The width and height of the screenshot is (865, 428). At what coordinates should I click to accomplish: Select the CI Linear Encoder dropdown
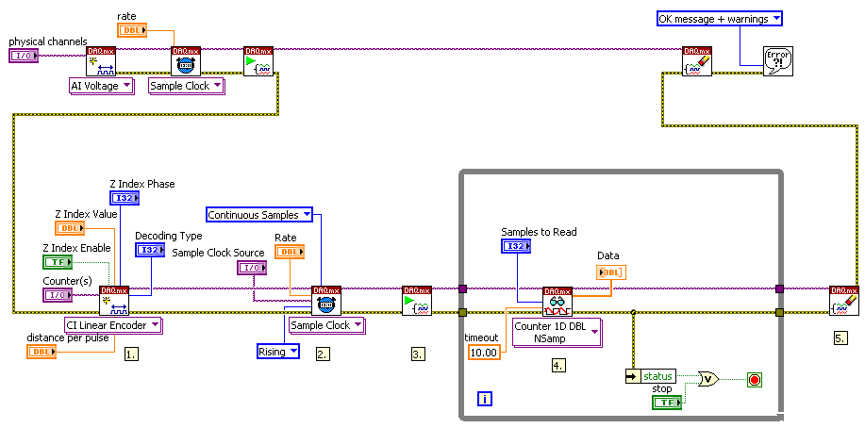click(113, 325)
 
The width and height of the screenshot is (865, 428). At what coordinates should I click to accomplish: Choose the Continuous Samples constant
click(259, 215)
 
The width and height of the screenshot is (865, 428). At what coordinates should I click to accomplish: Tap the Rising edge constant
click(277, 352)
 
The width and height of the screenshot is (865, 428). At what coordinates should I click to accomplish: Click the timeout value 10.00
click(485, 352)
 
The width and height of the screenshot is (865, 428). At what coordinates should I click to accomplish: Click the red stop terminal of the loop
click(754, 380)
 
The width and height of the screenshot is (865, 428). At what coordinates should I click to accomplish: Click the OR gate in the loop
click(708, 379)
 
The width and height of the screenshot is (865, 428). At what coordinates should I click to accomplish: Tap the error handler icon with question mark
click(778, 62)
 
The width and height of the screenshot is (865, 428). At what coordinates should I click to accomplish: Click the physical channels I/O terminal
click(22, 57)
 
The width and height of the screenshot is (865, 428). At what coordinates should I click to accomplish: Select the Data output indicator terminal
click(609, 272)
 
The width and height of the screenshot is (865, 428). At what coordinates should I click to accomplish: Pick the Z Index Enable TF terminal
click(57, 263)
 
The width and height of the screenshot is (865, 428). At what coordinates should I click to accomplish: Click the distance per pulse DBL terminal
click(42, 352)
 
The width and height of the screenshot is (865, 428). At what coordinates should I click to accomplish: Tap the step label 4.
click(558, 364)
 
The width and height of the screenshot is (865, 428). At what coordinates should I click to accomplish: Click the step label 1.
click(131, 354)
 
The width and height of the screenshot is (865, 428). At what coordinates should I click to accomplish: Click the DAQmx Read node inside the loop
click(557, 301)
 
